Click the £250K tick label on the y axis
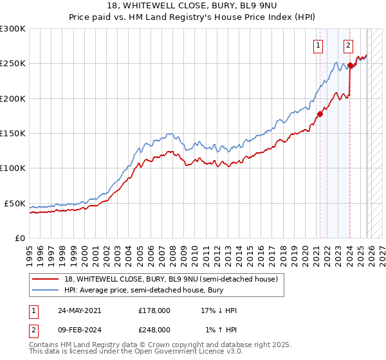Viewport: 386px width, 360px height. [x=13, y=64]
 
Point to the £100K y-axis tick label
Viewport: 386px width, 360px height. [x=13, y=168]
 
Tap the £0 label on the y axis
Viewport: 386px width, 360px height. [x=20, y=238]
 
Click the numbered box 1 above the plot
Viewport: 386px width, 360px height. [x=318, y=45]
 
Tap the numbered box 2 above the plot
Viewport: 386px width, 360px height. [x=348, y=45]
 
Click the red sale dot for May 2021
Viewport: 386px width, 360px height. [x=320, y=114]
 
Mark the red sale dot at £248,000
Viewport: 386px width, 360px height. [x=350, y=65]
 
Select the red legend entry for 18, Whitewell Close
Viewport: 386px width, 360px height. [x=170, y=279]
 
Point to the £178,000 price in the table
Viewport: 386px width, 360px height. [x=154, y=310]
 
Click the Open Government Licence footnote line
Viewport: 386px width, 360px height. [x=136, y=352]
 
